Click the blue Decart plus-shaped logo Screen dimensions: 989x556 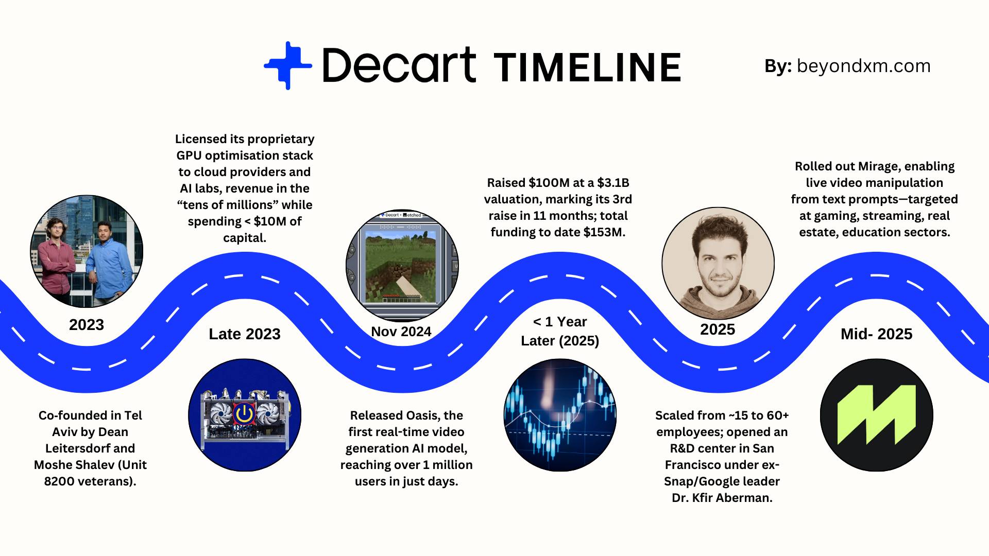point(288,65)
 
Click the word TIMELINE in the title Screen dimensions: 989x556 point(588,67)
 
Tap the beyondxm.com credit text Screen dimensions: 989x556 point(863,66)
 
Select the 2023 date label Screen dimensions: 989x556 point(87,325)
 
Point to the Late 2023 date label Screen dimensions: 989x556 point(245,334)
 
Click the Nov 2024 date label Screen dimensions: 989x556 point(401,332)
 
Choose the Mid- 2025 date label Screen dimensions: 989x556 point(877,334)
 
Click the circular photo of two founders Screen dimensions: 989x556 point(87,251)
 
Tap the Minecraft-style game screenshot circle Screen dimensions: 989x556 point(402,265)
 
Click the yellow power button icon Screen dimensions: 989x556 point(244,413)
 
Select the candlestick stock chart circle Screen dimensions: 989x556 point(560,415)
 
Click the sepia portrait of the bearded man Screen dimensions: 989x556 point(718,264)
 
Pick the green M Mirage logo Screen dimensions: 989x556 point(877,415)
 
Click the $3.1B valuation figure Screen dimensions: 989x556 point(613,183)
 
